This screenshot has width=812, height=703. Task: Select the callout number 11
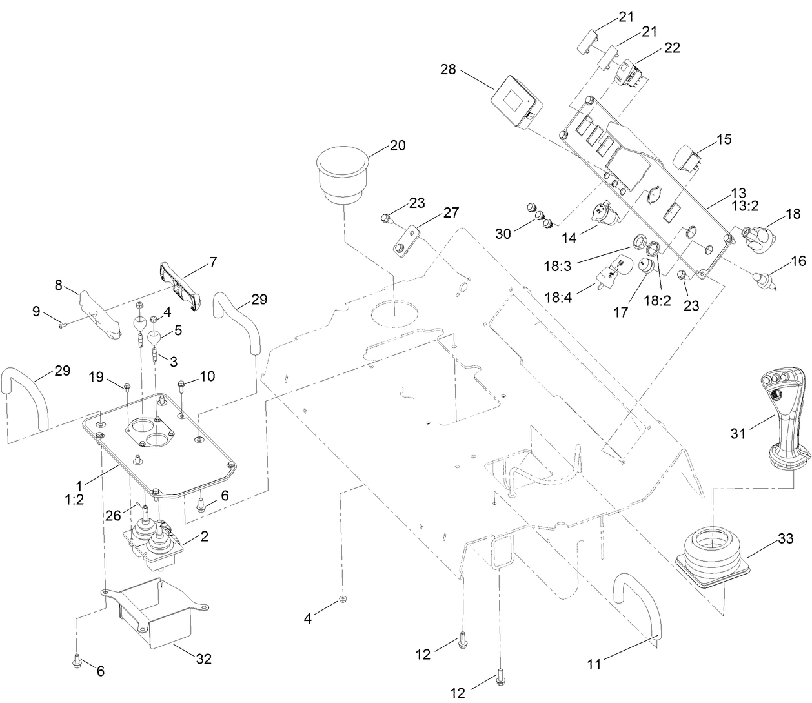point(596,662)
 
